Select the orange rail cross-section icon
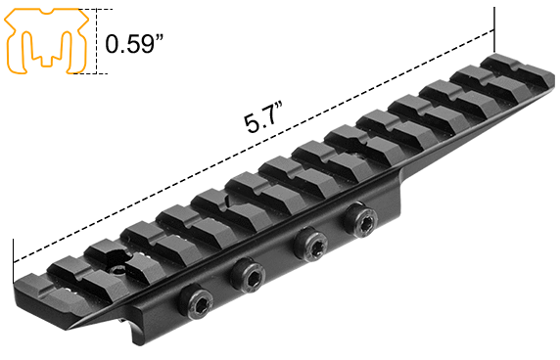tap(41, 42)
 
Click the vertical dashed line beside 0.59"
tap(97, 42)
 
